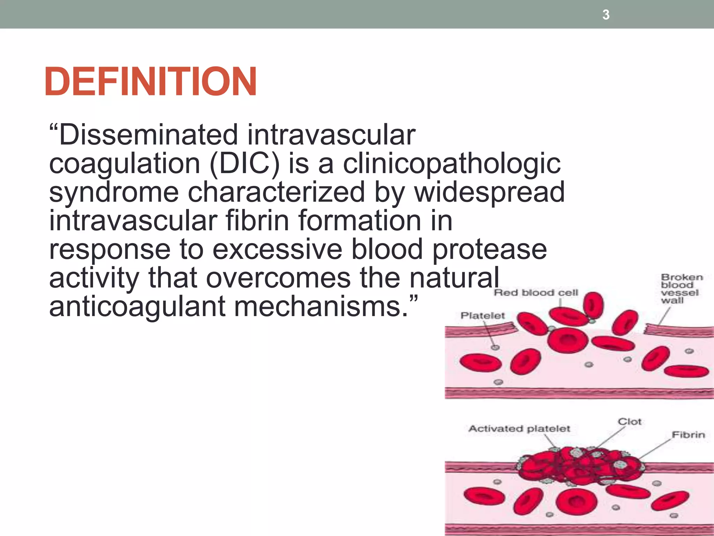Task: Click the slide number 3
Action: tap(606, 15)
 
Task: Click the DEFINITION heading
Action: tap(151, 82)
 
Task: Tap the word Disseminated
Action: tap(148, 135)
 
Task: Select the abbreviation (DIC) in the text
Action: tap(244, 164)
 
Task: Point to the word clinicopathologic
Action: tap(452, 164)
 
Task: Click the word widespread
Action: tap(489, 192)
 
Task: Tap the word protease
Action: tap(489, 250)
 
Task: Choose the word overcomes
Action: tap(279, 278)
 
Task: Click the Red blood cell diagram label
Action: tap(536, 292)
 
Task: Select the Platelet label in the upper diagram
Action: tap(483, 315)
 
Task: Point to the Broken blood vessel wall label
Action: tap(681, 289)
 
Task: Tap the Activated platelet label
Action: tap(519, 429)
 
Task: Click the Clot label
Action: tap(629, 422)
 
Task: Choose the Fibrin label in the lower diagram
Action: tap(688, 435)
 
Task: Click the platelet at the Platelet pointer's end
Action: tap(495, 347)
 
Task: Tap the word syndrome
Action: tap(114, 192)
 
